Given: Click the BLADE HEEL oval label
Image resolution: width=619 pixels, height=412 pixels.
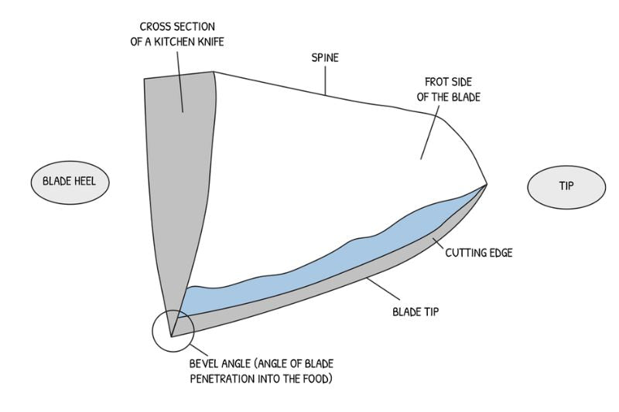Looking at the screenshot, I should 70,183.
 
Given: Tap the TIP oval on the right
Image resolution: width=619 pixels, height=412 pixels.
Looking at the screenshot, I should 566,186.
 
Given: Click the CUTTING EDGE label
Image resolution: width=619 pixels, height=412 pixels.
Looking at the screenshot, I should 480,252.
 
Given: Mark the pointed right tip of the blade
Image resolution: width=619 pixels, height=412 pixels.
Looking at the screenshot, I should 486,184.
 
